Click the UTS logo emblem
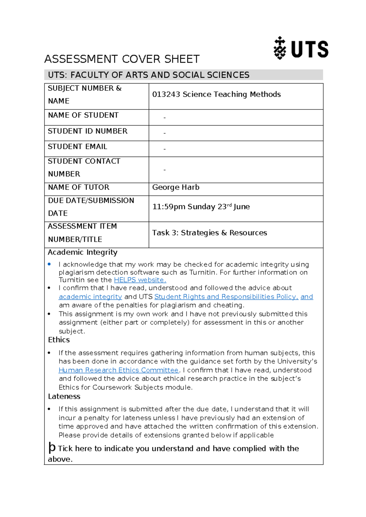(x=279, y=48)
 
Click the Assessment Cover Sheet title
(x=122, y=59)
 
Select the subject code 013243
(x=166, y=94)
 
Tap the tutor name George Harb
(x=176, y=187)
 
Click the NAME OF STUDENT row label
(x=83, y=115)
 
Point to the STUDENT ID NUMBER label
(x=88, y=131)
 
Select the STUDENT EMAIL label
(x=77, y=147)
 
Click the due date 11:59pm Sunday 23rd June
(x=201, y=207)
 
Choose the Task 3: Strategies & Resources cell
(x=210, y=233)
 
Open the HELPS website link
(x=140, y=280)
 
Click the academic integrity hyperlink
(x=90, y=297)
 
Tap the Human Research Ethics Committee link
(x=118, y=370)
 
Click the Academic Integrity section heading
(x=82, y=252)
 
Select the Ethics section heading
(x=59, y=340)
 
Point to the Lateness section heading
(x=64, y=397)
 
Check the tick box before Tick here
(x=52, y=448)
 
